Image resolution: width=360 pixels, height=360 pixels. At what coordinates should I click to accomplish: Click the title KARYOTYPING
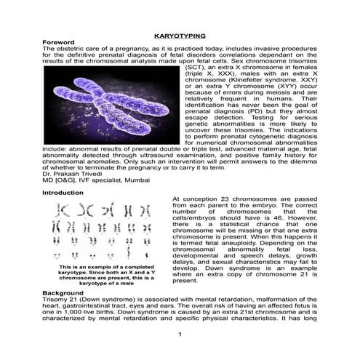point(180,35)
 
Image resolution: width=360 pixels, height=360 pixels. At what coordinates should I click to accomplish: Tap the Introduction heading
point(63,193)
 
